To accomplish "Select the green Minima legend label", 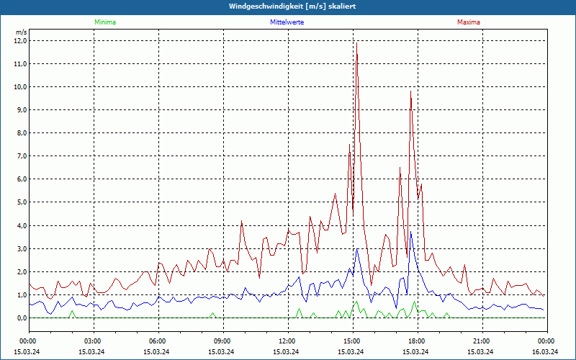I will point(104,22).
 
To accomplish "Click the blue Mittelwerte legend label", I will point(287,22).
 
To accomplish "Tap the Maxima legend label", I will point(469,22).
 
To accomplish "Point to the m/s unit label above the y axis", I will point(21,32).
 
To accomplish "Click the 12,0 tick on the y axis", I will point(20,41).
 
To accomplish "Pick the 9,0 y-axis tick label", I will point(20,110).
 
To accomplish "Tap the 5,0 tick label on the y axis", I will point(20,202).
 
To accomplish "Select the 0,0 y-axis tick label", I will point(20,318).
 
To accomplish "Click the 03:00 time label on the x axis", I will point(93,341).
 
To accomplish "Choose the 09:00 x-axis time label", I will point(222,341).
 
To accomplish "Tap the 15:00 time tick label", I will point(352,341).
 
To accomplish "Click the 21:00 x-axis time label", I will point(482,341).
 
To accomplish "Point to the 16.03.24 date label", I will point(544,352).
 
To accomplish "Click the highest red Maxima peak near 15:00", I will point(356,45).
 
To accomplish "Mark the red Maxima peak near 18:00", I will point(410,91).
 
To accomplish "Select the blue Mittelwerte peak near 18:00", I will point(410,232).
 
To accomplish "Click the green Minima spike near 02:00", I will point(71,311).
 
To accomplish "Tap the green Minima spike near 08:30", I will point(212,313).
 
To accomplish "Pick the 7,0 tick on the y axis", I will point(20,156).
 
